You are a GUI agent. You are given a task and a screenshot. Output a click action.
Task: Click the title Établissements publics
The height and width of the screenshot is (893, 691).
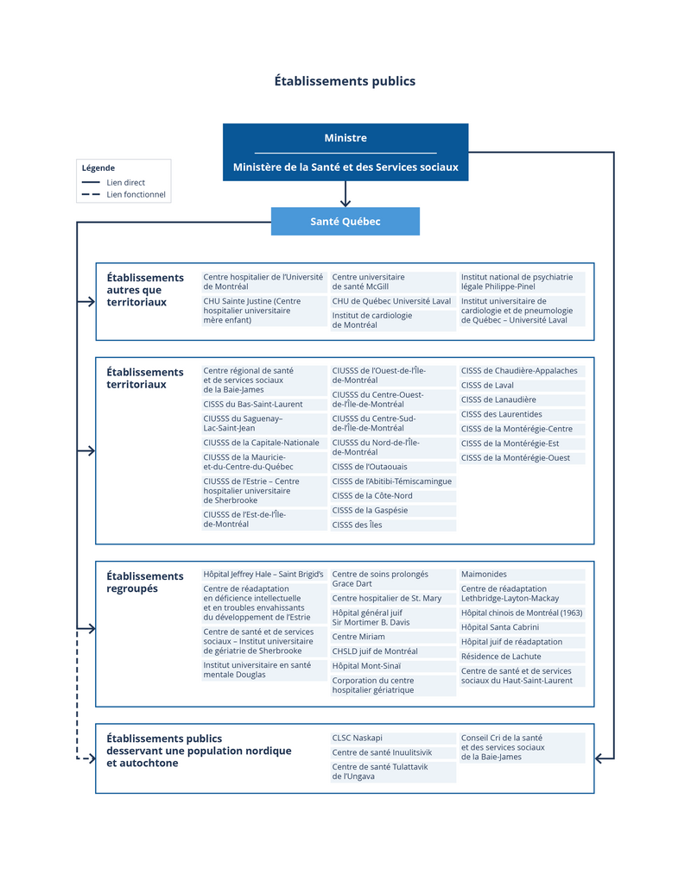(x=345, y=81)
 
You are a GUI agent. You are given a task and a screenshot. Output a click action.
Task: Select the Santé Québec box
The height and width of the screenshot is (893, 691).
(x=345, y=222)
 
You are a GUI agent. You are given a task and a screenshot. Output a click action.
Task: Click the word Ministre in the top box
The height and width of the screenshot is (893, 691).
(x=345, y=138)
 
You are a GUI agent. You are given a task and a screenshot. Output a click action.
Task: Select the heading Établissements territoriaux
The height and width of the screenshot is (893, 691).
(x=145, y=378)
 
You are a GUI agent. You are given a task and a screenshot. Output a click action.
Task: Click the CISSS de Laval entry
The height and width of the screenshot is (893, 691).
(x=487, y=386)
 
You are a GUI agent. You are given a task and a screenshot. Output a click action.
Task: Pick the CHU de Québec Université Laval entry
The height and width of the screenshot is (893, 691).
(x=391, y=301)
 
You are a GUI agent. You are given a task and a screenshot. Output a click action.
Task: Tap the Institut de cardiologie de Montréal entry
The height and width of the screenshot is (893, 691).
(x=372, y=320)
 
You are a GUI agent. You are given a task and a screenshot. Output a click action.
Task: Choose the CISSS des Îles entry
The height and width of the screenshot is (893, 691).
(x=357, y=525)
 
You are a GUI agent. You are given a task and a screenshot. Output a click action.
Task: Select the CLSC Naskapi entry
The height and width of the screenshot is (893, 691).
(x=357, y=738)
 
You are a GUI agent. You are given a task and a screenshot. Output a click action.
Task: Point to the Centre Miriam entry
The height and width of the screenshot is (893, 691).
(x=358, y=637)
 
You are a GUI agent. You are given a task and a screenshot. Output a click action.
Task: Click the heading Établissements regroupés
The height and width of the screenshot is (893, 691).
(x=145, y=582)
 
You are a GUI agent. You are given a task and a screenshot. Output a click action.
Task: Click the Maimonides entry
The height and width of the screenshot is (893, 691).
(x=484, y=574)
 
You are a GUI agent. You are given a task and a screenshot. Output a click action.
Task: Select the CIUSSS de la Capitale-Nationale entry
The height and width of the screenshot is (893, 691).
(x=261, y=443)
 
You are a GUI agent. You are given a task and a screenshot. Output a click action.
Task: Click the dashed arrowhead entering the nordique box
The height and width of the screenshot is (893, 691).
(x=91, y=759)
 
